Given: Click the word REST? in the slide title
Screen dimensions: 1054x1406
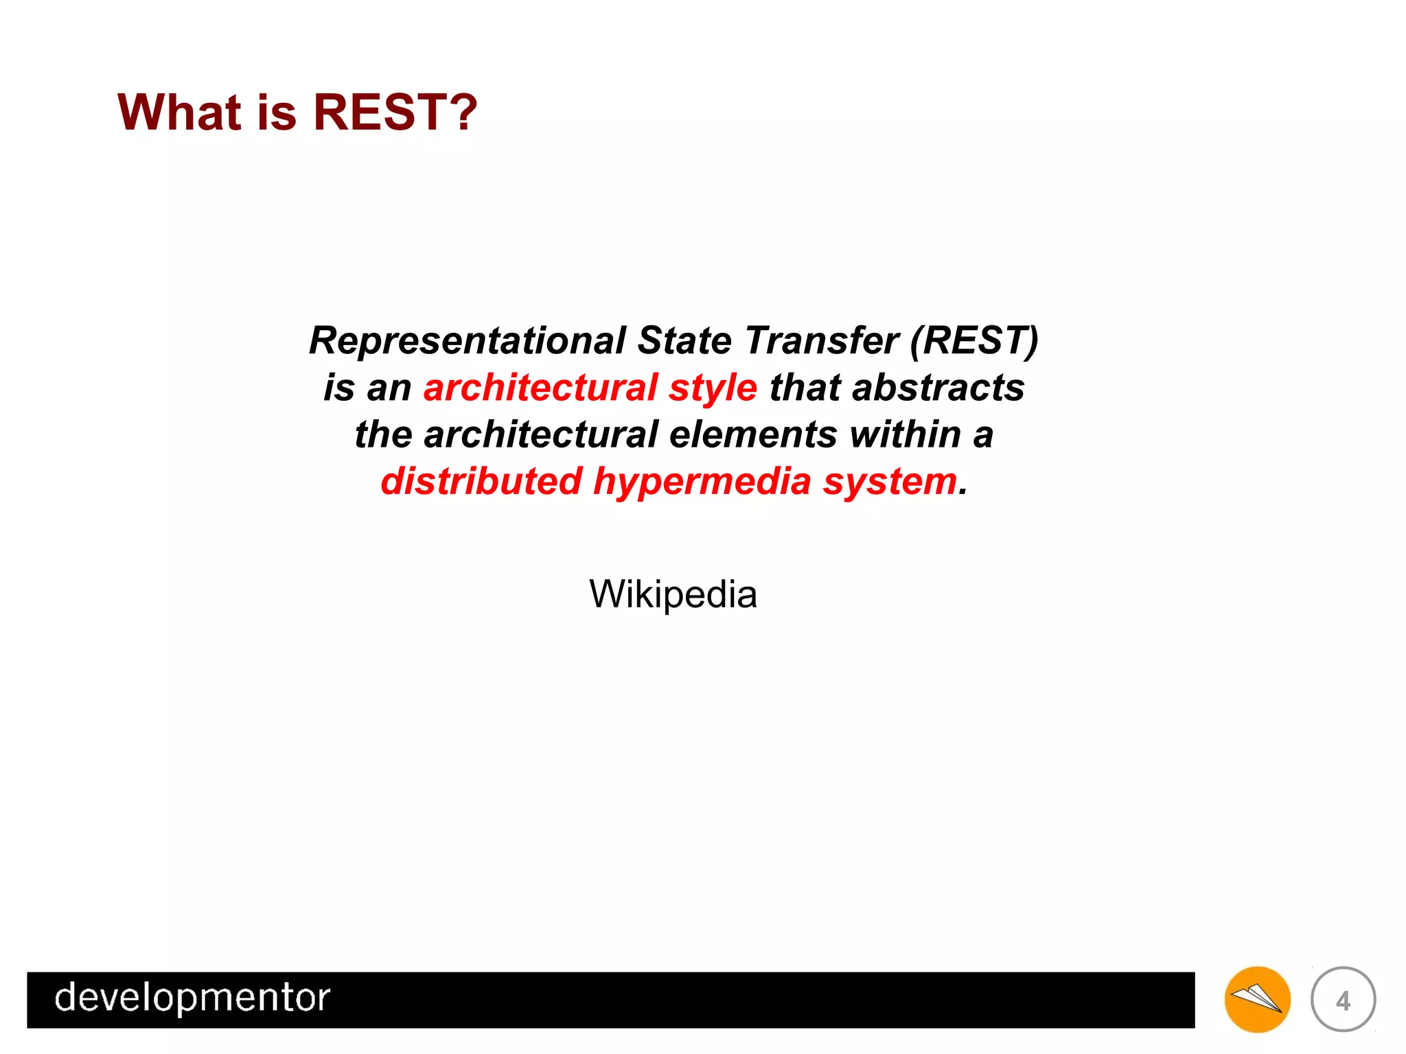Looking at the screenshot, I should (395, 112).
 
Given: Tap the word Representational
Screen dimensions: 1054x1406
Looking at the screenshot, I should (468, 340).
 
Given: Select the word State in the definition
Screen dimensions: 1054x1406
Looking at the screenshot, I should (684, 340).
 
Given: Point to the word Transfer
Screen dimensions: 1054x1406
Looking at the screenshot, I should (822, 340).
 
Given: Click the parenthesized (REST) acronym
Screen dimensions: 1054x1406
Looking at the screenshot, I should (974, 340).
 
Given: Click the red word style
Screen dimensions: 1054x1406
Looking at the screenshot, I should (713, 388).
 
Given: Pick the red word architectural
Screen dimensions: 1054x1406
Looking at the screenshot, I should (541, 387).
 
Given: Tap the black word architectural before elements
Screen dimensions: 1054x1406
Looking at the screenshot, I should (541, 434).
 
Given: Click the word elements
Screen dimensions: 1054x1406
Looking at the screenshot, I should (753, 434).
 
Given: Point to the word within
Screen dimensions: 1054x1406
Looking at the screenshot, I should (905, 434).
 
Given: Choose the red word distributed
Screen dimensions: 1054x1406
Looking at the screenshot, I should (481, 481).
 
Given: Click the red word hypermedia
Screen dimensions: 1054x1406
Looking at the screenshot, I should (702, 482).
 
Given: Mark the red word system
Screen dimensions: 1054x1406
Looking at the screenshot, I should (890, 482).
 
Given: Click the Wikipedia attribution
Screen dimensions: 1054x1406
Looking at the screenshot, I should (673, 594).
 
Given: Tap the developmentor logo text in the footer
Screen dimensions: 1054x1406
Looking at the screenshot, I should (192, 998).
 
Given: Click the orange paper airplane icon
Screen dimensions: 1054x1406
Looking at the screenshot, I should (1257, 999).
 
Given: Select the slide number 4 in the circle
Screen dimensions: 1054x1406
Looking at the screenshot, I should (1343, 1000).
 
